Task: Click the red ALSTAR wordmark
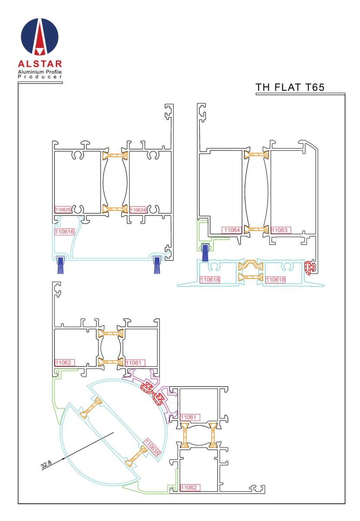[x=40, y=64]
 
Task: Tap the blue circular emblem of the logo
[x=40, y=36]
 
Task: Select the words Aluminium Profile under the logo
[x=40, y=72]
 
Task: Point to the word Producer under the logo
[x=40, y=77]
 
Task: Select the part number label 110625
[x=63, y=210]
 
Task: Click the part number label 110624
[x=138, y=210]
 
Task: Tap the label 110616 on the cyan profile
[x=64, y=232]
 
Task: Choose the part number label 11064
[x=232, y=230]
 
